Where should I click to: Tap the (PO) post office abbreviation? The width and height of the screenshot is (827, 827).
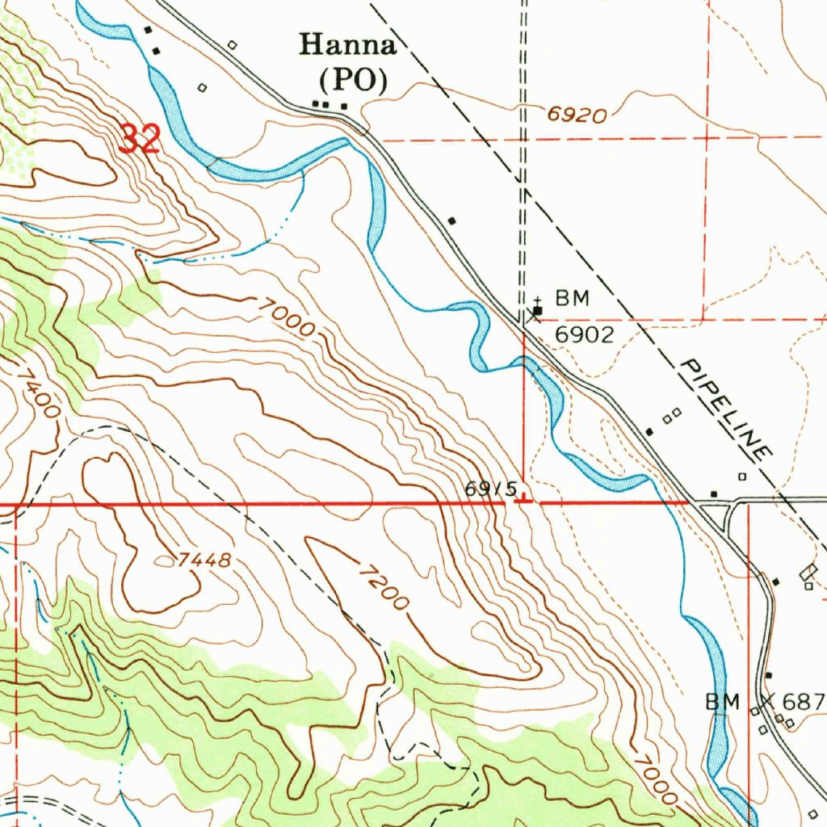pyautogui.click(x=352, y=80)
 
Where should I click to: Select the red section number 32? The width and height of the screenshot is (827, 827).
pyautogui.click(x=140, y=139)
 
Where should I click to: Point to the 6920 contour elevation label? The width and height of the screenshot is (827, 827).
pyautogui.click(x=577, y=115)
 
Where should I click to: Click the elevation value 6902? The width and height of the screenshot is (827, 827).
pyautogui.click(x=584, y=334)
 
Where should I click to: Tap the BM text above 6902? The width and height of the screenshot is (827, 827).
pyautogui.click(x=572, y=300)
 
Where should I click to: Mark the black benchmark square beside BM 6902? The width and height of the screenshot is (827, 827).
pyautogui.click(x=538, y=310)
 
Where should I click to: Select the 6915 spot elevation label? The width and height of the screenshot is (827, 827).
pyautogui.click(x=490, y=489)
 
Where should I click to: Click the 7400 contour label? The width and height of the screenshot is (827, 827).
pyautogui.click(x=39, y=393)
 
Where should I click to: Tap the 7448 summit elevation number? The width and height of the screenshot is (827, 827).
pyautogui.click(x=205, y=560)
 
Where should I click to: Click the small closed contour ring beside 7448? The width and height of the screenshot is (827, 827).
pyautogui.click(x=167, y=559)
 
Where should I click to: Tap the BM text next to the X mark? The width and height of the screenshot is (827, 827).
pyautogui.click(x=723, y=702)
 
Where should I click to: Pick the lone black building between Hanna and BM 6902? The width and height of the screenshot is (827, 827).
pyautogui.click(x=452, y=220)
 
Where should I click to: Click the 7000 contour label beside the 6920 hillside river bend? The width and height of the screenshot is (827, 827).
pyautogui.click(x=288, y=316)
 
